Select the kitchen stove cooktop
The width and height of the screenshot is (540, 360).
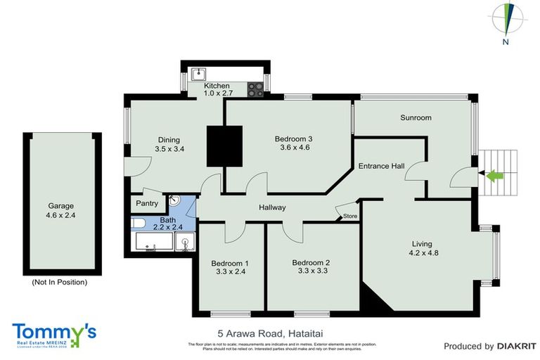click(x=255, y=89)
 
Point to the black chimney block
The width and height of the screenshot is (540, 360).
click(x=224, y=146)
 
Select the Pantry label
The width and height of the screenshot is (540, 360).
click(x=147, y=203)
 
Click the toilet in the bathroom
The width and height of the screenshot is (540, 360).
click(x=139, y=224)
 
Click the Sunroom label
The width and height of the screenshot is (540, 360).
click(x=416, y=117)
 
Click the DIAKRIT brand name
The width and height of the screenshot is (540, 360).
click(x=517, y=346)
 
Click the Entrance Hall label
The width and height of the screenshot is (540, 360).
click(x=381, y=166)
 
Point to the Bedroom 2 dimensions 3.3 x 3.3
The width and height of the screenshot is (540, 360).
click(x=311, y=272)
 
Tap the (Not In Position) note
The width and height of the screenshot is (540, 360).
click(x=60, y=282)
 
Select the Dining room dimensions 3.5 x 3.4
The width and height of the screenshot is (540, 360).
click(x=169, y=148)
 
